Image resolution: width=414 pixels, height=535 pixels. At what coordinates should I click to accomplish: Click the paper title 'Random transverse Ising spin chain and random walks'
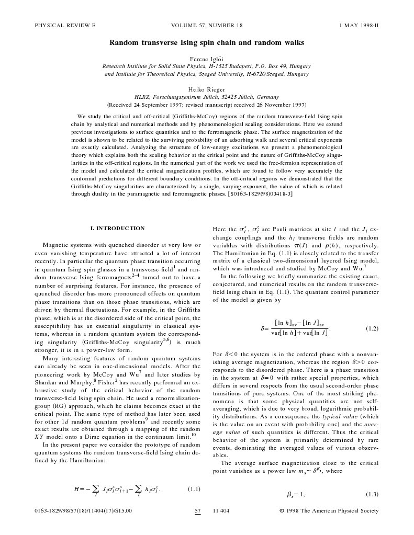(207, 42)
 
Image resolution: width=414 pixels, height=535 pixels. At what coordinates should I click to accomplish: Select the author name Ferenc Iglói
(207, 58)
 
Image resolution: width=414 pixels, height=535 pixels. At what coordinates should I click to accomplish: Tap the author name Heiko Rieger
(207, 89)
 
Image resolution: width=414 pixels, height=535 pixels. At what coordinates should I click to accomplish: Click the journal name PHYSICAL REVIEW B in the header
(65, 25)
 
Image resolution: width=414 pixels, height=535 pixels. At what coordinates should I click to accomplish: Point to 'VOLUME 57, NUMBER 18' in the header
(207, 25)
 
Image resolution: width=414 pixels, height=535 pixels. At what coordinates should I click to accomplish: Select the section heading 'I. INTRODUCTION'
(117, 229)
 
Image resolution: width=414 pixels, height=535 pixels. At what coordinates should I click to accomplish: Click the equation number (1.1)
(194, 490)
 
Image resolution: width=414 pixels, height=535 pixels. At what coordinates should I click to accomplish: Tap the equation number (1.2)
(372, 329)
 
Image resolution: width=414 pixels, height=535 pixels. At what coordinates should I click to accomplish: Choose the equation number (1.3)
(372, 494)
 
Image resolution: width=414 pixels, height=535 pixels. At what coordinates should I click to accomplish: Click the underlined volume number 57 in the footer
(198, 511)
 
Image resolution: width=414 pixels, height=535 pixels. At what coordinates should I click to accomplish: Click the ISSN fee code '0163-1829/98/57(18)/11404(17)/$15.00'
(83, 511)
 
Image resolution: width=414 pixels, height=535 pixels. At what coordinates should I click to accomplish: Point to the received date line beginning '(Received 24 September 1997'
(207, 105)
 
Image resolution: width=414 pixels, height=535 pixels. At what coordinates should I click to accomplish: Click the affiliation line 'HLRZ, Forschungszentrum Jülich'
(207, 97)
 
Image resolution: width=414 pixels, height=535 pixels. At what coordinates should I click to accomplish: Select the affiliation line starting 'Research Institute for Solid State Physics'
(207, 66)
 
